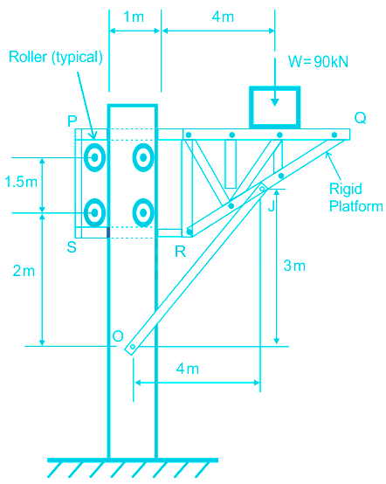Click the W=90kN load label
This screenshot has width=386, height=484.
[x=318, y=62]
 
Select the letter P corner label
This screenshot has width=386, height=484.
[x=72, y=121]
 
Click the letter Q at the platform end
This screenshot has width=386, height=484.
[x=360, y=118]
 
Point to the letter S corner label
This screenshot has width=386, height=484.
[x=72, y=247]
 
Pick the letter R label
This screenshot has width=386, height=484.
[x=181, y=252]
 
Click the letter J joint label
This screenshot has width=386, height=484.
[x=272, y=205]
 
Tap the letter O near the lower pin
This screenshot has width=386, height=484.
[x=118, y=335]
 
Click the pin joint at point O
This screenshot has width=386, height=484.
[x=133, y=347]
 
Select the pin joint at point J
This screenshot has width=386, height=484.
[x=262, y=188]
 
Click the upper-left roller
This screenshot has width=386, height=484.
[x=94, y=157]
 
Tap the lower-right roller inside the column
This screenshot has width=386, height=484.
[x=143, y=212]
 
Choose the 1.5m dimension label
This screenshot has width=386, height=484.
[x=21, y=182]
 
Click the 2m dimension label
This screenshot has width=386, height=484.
[x=24, y=271]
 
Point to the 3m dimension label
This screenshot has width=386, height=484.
[x=294, y=266]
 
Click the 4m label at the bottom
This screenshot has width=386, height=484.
[x=188, y=369]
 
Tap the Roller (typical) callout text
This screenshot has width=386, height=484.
[x=56, y=57]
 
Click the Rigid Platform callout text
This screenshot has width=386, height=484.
[x=356, y=197]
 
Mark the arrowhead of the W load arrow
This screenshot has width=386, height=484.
[x=274, y=102]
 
